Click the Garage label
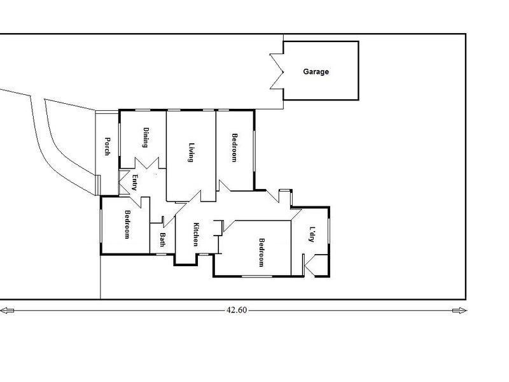pyautogui.click(x=316, y=72)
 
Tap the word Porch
pyautogui.click(x=107, y=146)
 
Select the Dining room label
pyautogui.click(x=146, y=138)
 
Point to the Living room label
pyautogui.click(x=192, y=152)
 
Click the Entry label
pyautogui.click(x=134, y=183)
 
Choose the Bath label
pyautogui.click(x=163, y=240)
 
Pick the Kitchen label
pyautogui.click(x=196, y=234)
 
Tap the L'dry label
pyautogui.click(x=312, y=234)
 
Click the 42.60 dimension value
pyautogui.click(x=237, y=310)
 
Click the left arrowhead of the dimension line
pyautogui.click(x=7, y=311)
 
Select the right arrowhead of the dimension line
pyautogui.click(x=459, y=311)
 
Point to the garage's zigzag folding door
pyautogui.click(x=277, y=71)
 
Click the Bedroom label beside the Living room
pyautogui.click(x=234, y=148)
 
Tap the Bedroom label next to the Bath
pyautogui.click(x=128, y=225)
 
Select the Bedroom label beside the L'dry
pyautogui.click(x=261, y=253)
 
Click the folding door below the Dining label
pyautogui.click(x=147, y=163)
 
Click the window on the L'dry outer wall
pyautogui.click(x=329, y=230)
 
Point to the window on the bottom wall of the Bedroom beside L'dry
pyautogui.click(x=257, y=276)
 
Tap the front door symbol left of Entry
pyautogui.click(x=123, y=182)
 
